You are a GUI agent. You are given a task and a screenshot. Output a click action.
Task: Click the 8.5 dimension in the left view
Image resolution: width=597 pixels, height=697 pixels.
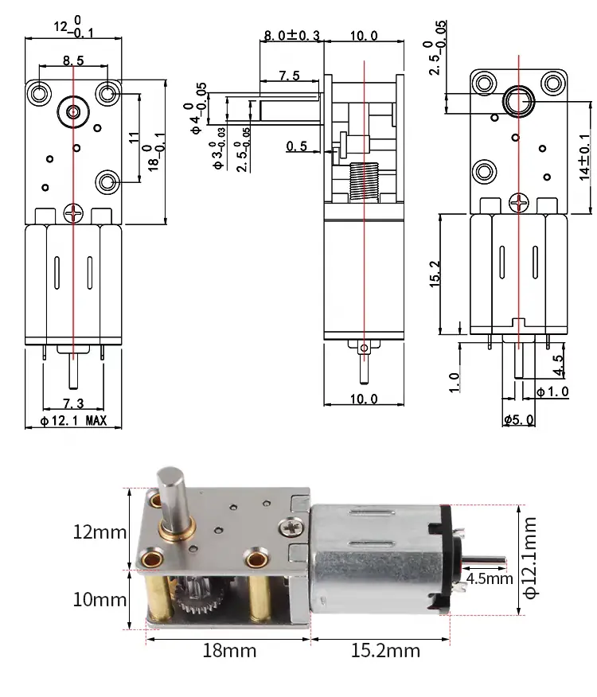coord(72,59)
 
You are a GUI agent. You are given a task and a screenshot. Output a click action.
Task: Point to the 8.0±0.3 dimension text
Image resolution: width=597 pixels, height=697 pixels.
coord(291,36)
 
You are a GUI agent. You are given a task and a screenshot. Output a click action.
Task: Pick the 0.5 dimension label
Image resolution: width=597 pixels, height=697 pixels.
coord(296,146)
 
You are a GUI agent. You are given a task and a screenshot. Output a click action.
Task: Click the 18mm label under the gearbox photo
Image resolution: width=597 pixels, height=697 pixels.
coord(228,651)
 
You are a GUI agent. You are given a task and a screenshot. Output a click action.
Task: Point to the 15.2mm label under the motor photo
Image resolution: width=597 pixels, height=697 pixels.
coord(385,651)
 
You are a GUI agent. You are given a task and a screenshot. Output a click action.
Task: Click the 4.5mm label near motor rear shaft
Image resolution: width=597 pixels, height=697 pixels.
coord(489,578)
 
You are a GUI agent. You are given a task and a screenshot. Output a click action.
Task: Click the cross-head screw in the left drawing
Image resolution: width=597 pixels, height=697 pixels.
coord(73,212)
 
